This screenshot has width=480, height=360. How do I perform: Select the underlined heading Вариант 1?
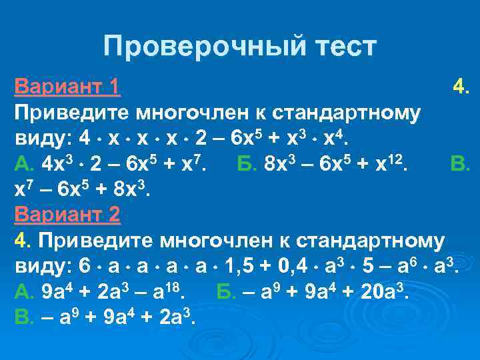[x=67, y=86]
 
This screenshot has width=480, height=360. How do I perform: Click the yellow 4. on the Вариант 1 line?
[x=462, y=86]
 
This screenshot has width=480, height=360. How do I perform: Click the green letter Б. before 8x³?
[x=248, y=163]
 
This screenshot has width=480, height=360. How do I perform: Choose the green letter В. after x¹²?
[x=461, y=163]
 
